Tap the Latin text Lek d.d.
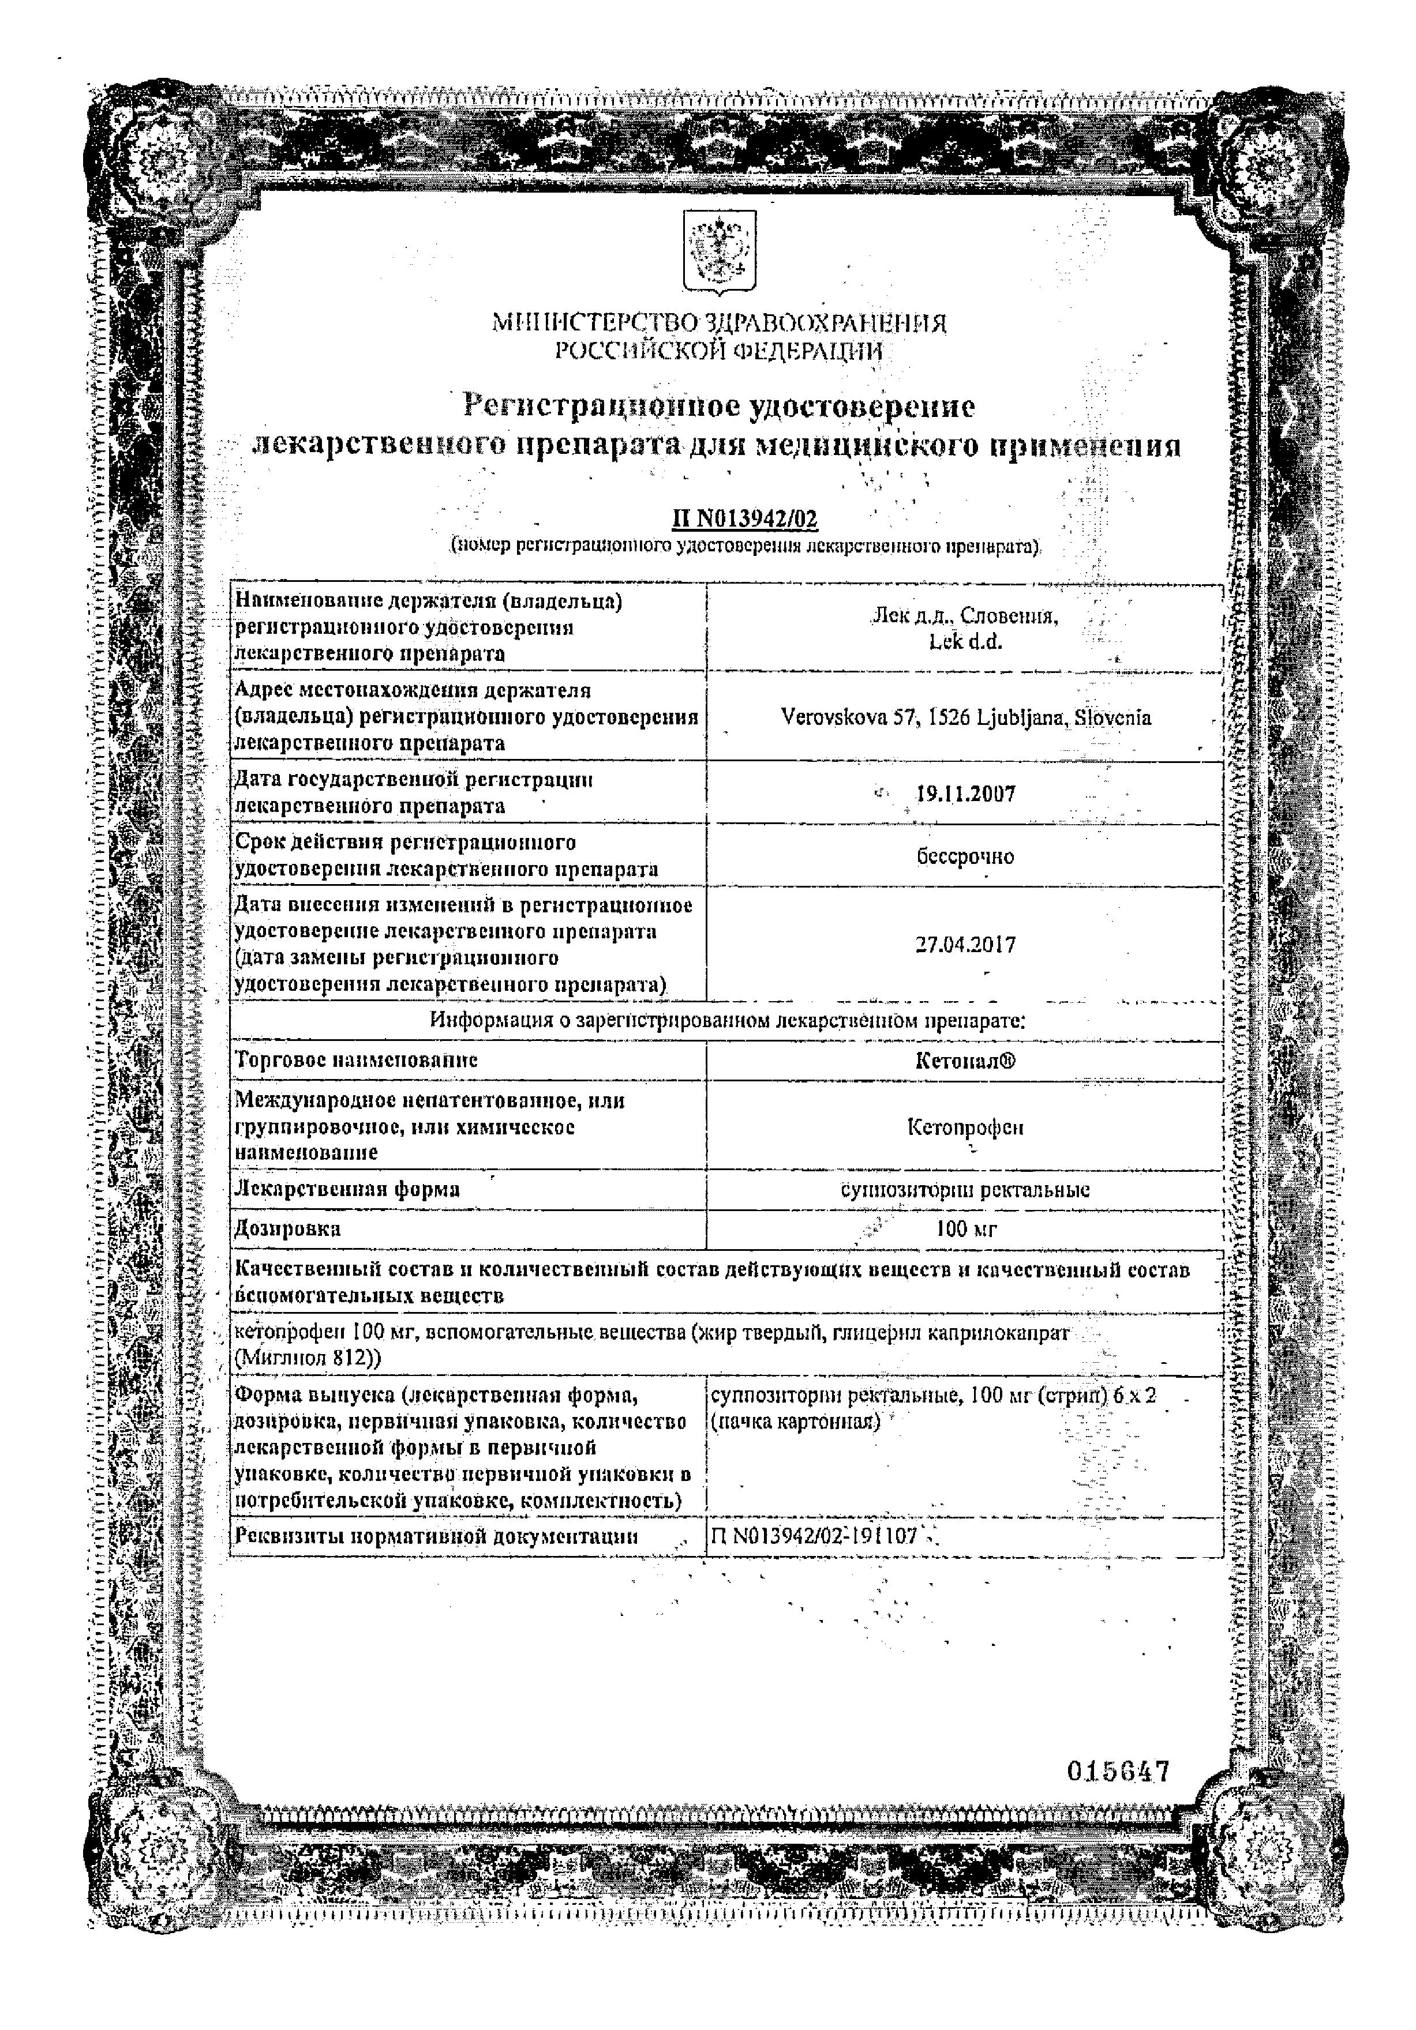(x=965, y=642)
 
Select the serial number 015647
(x=1118, y=1771)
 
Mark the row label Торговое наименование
(x=357, y=1060)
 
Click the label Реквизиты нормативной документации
(x=436, y=1536)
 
